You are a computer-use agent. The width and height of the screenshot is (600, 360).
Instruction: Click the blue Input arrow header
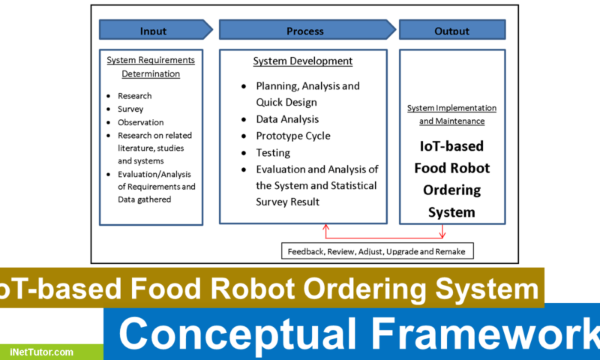pos(153,30)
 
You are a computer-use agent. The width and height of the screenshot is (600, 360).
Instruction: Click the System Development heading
pos(303,61)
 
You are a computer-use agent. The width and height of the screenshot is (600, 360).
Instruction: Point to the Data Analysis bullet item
pos(287,118)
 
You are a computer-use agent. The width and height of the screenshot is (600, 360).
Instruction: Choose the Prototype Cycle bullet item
pos(292,136)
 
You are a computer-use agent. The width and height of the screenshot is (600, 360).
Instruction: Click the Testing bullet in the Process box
pos(272,152)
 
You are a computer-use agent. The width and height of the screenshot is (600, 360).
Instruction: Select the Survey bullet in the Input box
pos(130,109)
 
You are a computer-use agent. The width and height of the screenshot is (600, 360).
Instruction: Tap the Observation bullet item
pos(140,122)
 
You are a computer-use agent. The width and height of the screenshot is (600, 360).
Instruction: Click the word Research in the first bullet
pos(134,96)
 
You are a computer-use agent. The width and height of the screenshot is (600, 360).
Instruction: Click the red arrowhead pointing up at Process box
pos(325,226)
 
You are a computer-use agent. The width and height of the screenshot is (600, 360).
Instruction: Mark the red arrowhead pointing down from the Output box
pos(442,233)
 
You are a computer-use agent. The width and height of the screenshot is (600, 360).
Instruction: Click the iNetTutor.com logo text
pos(42,351)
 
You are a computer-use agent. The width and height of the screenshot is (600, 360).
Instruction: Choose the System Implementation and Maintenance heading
pos(451,114)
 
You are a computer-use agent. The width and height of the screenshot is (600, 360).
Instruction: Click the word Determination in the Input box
pos(151,73)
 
